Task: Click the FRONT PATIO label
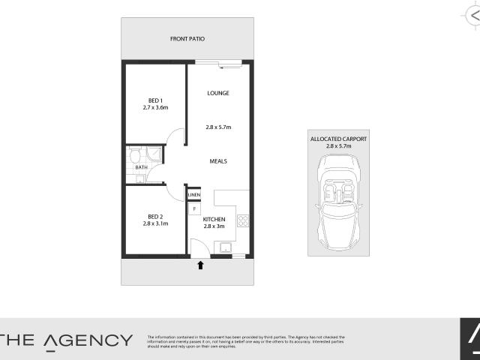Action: pyautogui.click(x=187, y=38)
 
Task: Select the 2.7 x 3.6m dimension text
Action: pyautogui.click(x=155, y=107)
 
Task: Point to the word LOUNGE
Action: pyautogui.click(x=217, y=93)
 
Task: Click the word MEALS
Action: pyautogui.click(x=218, y=161)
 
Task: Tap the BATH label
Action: pyautogui.click(x=141, y=168)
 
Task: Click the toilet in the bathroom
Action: pyautogui.click(x=134, y=155)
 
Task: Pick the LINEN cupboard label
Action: pyautogui.click(x=194, y=195)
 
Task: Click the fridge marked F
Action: pyautogui.click(x=194, y=208)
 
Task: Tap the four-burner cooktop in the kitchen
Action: pyautogui.click(x=242, y=220)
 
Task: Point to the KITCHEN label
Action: pyautogui.click(x=214, y=219)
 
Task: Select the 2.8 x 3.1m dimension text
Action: pyautogui.click(x=155, y=223)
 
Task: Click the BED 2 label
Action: pyautogui.click(x=155, y=216)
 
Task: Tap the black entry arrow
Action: pyautogui.click(x=200, y=264)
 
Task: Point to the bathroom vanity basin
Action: pyautogui.click(x=140, y=178)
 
